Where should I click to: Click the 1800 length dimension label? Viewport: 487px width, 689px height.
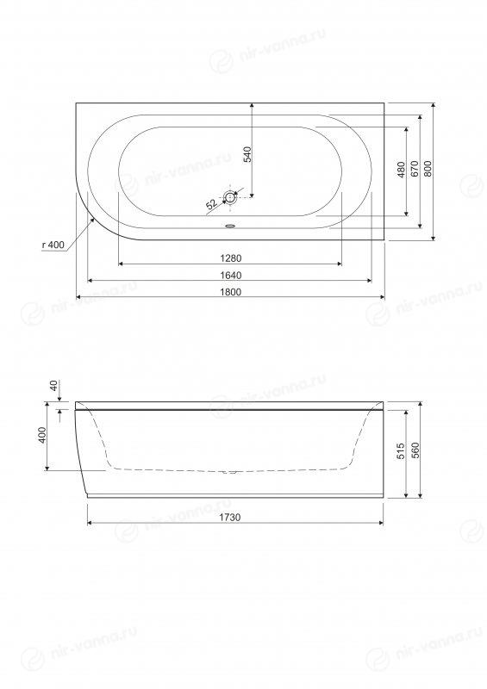click(x=230, y=292)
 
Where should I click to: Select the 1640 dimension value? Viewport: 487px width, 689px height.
click(x=230, y=275)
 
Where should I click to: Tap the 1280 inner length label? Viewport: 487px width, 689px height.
click(x=230, y=258)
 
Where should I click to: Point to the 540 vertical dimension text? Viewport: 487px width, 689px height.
click(x=247, y=155)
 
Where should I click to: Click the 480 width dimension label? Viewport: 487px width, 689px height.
click(x=400, y=170)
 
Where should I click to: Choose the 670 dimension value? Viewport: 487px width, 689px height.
click(x=414, y=169)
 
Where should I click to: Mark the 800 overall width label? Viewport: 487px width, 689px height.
click(x=428, y=169)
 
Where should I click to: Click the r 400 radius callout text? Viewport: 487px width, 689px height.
click(x=53, y=245)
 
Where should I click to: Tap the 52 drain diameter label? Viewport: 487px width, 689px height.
click(x=211, y=204)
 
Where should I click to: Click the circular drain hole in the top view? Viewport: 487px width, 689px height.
click(x=230, y=197)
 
